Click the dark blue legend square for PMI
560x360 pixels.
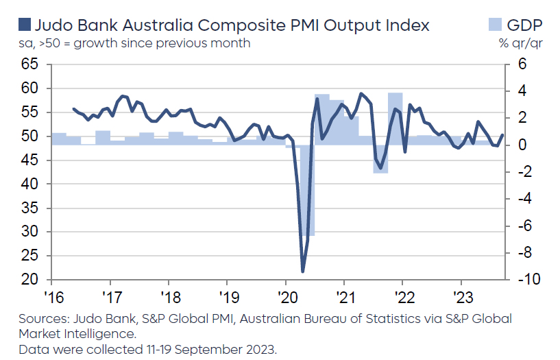24,26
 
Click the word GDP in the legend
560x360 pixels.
524,26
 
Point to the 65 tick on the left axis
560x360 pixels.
29,64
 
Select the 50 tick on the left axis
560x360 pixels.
29,136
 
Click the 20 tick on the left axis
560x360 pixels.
29,280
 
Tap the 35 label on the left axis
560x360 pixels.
29,208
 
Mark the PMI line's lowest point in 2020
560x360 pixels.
302,271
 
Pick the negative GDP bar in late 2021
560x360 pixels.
380,159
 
